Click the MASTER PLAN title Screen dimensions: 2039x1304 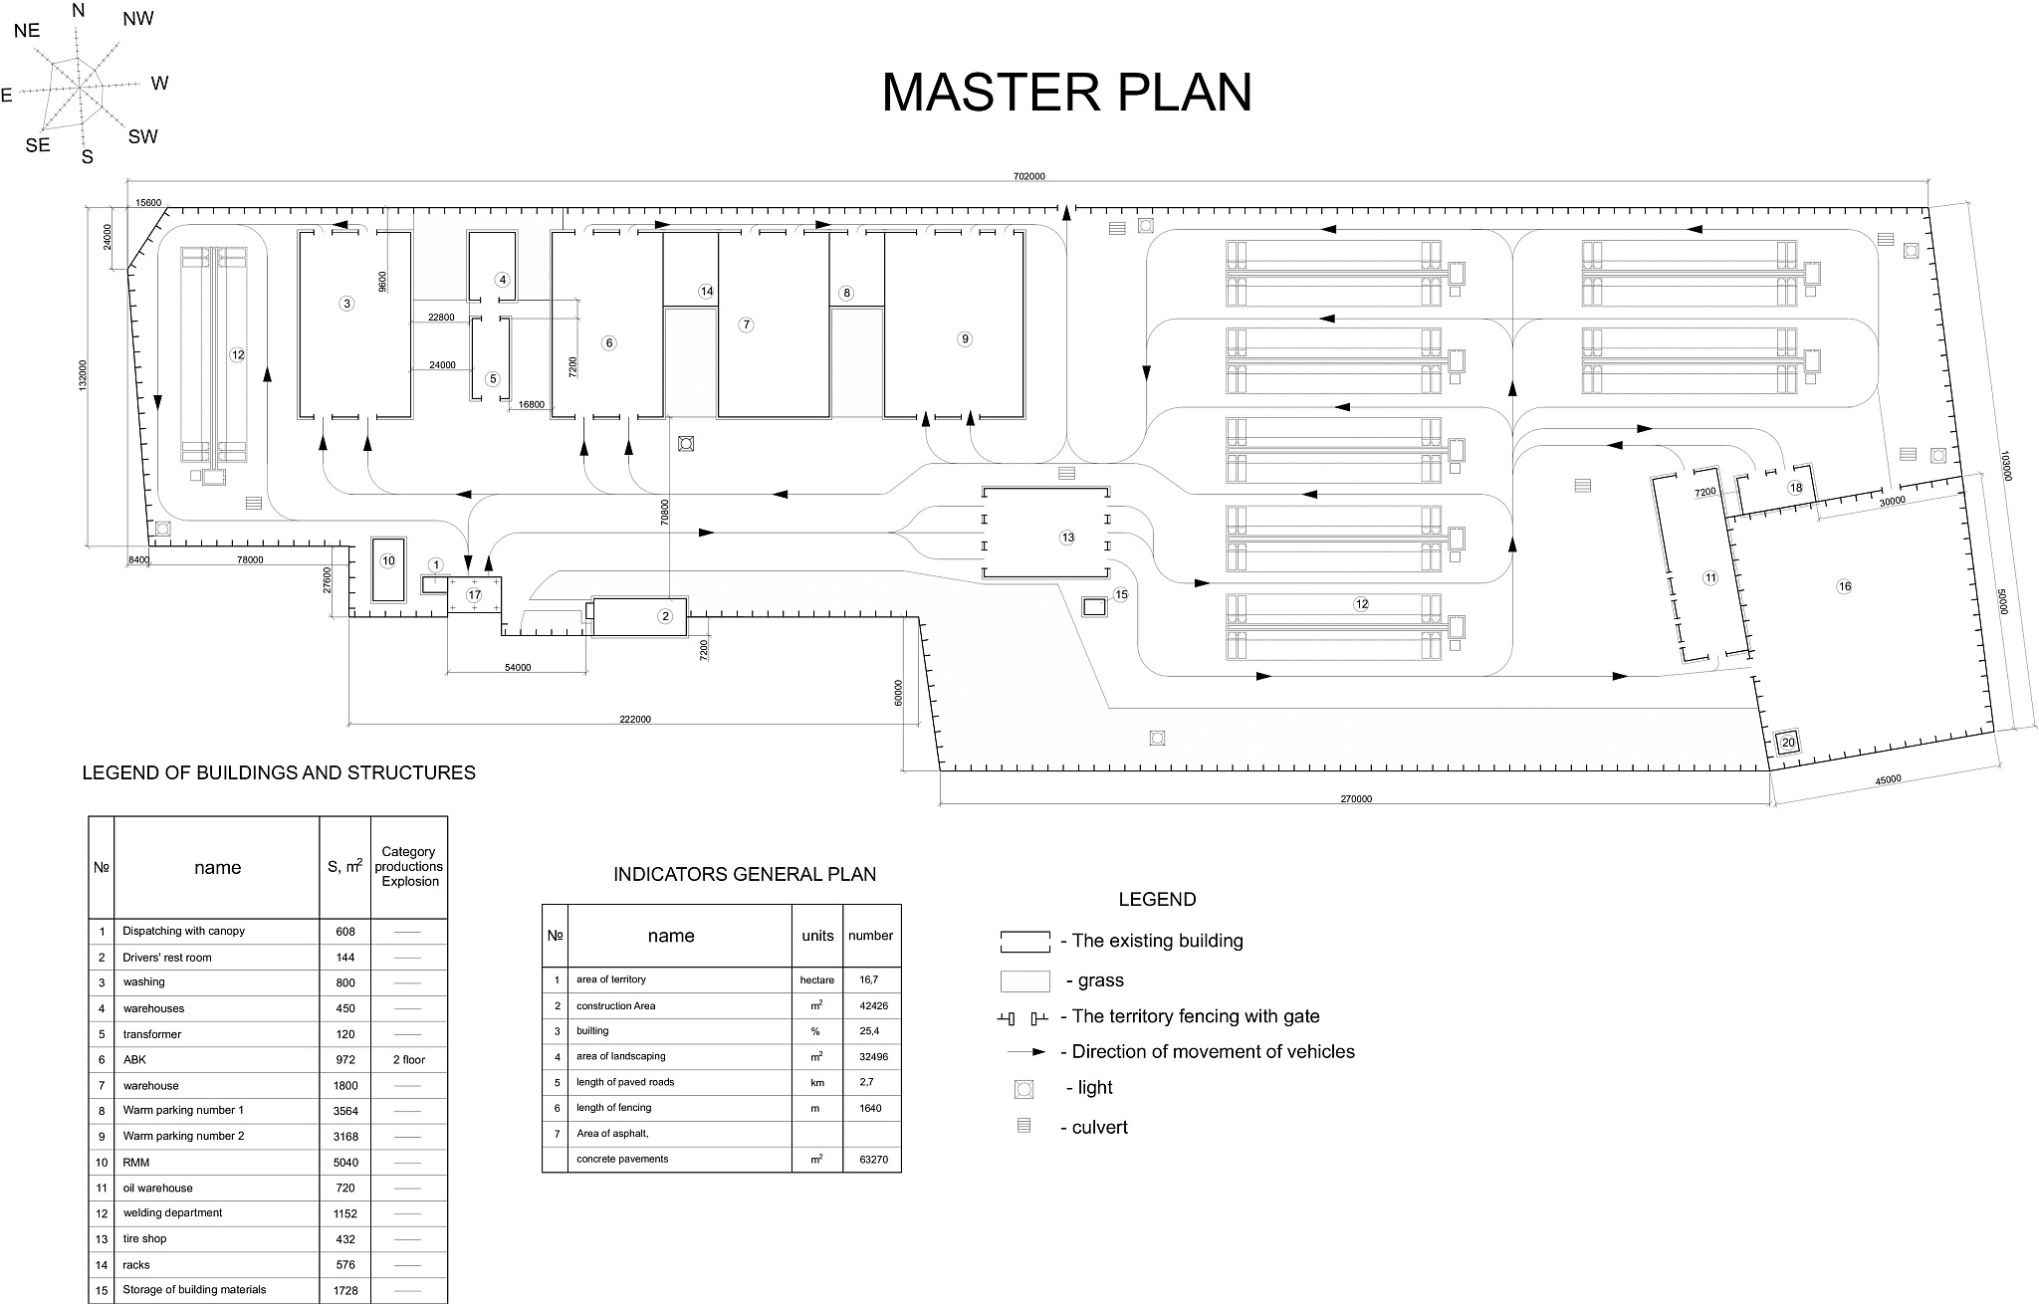[x=1066, y=92]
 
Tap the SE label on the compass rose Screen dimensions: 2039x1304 [x=38, y=145]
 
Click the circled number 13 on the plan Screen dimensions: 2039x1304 [x=1067, y=538]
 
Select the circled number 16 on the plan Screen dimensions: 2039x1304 [x=1844, y=586]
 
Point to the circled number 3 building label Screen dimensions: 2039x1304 [x=346, y=303]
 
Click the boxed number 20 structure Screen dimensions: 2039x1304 [x=1788, y=742]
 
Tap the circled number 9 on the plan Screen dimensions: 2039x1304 [x=964, y=338]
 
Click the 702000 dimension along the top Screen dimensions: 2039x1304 [x=1029, y=176]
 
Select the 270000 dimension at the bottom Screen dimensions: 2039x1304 [x=1356, y=798]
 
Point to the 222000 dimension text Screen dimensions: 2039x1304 [x=634, y=719]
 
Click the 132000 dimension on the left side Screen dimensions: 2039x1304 [x=83, y=376]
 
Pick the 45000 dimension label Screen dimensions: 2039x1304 [x=1888, y=780]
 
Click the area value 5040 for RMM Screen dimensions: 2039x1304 [x=346, y=1162]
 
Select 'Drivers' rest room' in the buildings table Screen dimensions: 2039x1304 [x=167, y=957]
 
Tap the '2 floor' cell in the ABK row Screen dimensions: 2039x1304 [x=408, y=1059]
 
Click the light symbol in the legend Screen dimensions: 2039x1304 [x=1023, y=1089]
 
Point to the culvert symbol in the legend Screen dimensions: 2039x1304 [x=1023, y=1127]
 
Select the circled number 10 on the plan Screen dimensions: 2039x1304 [x=388, y=560]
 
